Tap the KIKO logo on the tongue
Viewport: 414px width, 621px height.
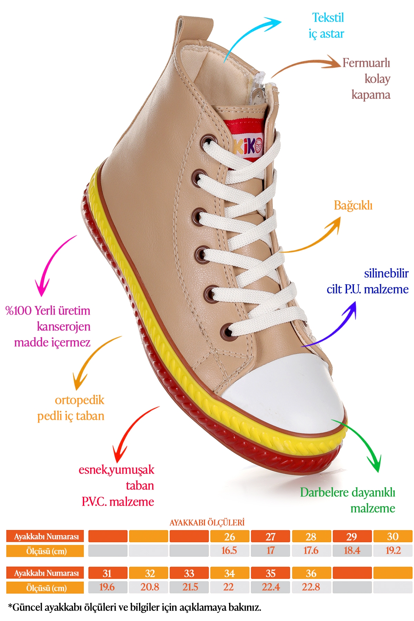coord(248,147)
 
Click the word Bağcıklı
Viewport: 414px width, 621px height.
coord(353,206)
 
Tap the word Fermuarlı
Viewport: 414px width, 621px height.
coord(366,63)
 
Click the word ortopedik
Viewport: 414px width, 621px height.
coord(79,400)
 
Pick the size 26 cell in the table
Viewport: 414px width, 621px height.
coord(229,536)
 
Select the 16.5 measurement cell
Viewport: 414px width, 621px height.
coord(229,551)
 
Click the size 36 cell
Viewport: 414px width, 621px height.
coord(311,573)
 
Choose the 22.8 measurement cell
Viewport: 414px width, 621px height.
coord(311,587)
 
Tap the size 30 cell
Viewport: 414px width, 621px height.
coord(393,536)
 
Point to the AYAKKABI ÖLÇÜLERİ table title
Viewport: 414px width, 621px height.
coord(207,523)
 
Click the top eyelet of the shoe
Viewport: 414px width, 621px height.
coord(208,141)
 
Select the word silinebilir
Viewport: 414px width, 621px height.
coord(386,274)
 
